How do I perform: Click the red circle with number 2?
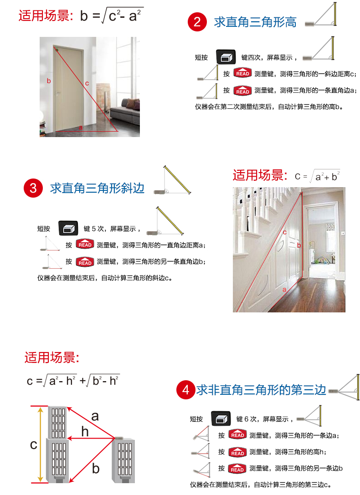point(197,22)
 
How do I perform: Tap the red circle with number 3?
point(33,188)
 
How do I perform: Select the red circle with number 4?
point(185,390)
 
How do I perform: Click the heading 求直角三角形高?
point(255,22)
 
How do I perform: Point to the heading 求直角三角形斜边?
point(97,188)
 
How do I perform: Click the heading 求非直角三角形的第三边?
point(261,390)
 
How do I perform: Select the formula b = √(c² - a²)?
point(112,15)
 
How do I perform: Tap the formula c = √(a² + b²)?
point(317,176)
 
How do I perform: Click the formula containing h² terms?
point(73,381)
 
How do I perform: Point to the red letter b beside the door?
point(49,81)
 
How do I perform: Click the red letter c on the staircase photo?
point(284,232)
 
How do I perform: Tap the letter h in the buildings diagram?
point(85,431)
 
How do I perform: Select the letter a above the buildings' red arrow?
point(95,416)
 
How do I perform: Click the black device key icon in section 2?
point(226,57)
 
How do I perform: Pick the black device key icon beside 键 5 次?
point(68,228)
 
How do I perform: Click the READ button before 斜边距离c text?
point(242,73)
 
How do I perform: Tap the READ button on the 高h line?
point(237,452)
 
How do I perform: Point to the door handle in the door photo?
point(57,93)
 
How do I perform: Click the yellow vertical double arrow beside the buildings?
point(41,444)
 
